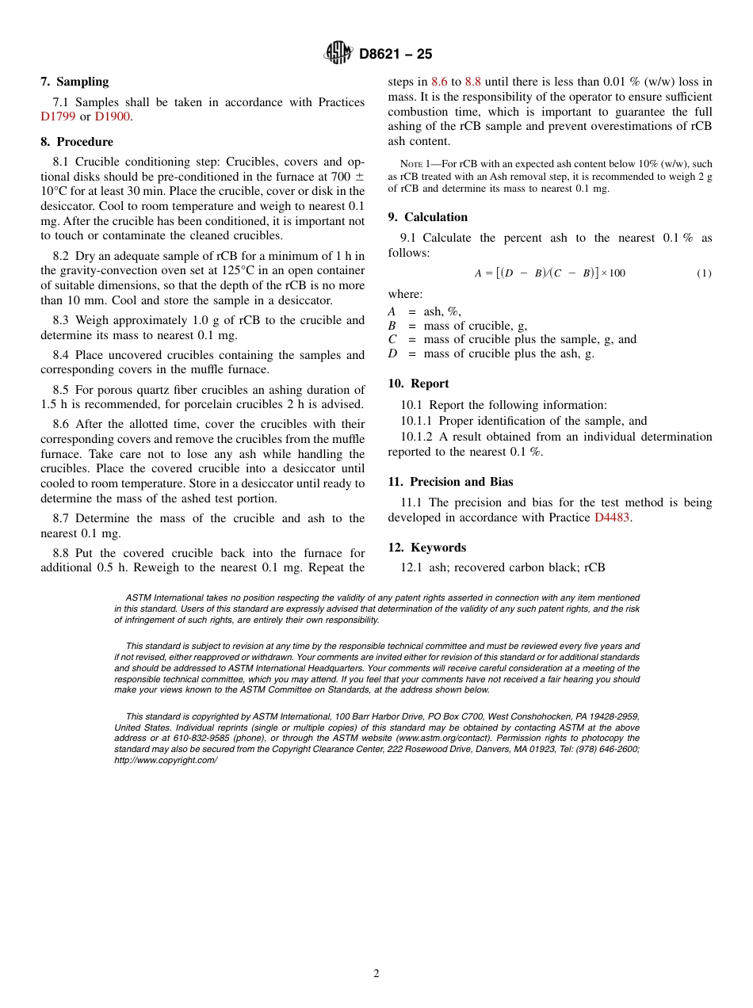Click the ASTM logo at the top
click(x=338, y=53)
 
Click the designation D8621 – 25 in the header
click(x=396, y=55)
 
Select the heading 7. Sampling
click(x=75, y=82)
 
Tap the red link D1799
click(x=57, y=116)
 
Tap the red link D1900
click(x=112, y=116)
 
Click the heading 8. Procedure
click(x=76, y=142)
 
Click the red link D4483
click(x=613, y=517)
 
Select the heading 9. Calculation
click(x=427, y=217)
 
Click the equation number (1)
click(x=704, y=273)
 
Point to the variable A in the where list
click(x=392, y=312)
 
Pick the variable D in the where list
click(x=392, y=353)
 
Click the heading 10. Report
click(x=418, y=384)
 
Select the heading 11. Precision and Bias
click(x=450, y=482)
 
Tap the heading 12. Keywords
click(x=426, y=548)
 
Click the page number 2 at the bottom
click(x=376, y=974)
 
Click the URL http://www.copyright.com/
click(x=166, y=760)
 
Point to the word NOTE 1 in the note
click(x=417, y=165)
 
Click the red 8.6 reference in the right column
click(x=439, y=82)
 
